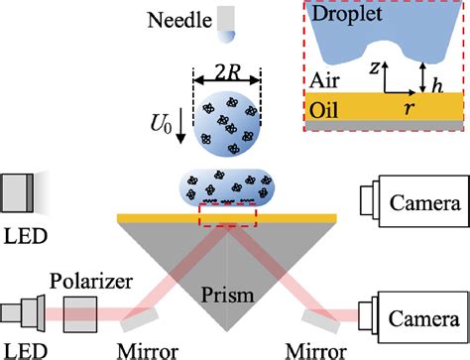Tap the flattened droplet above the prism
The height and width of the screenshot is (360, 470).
[227, 187]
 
